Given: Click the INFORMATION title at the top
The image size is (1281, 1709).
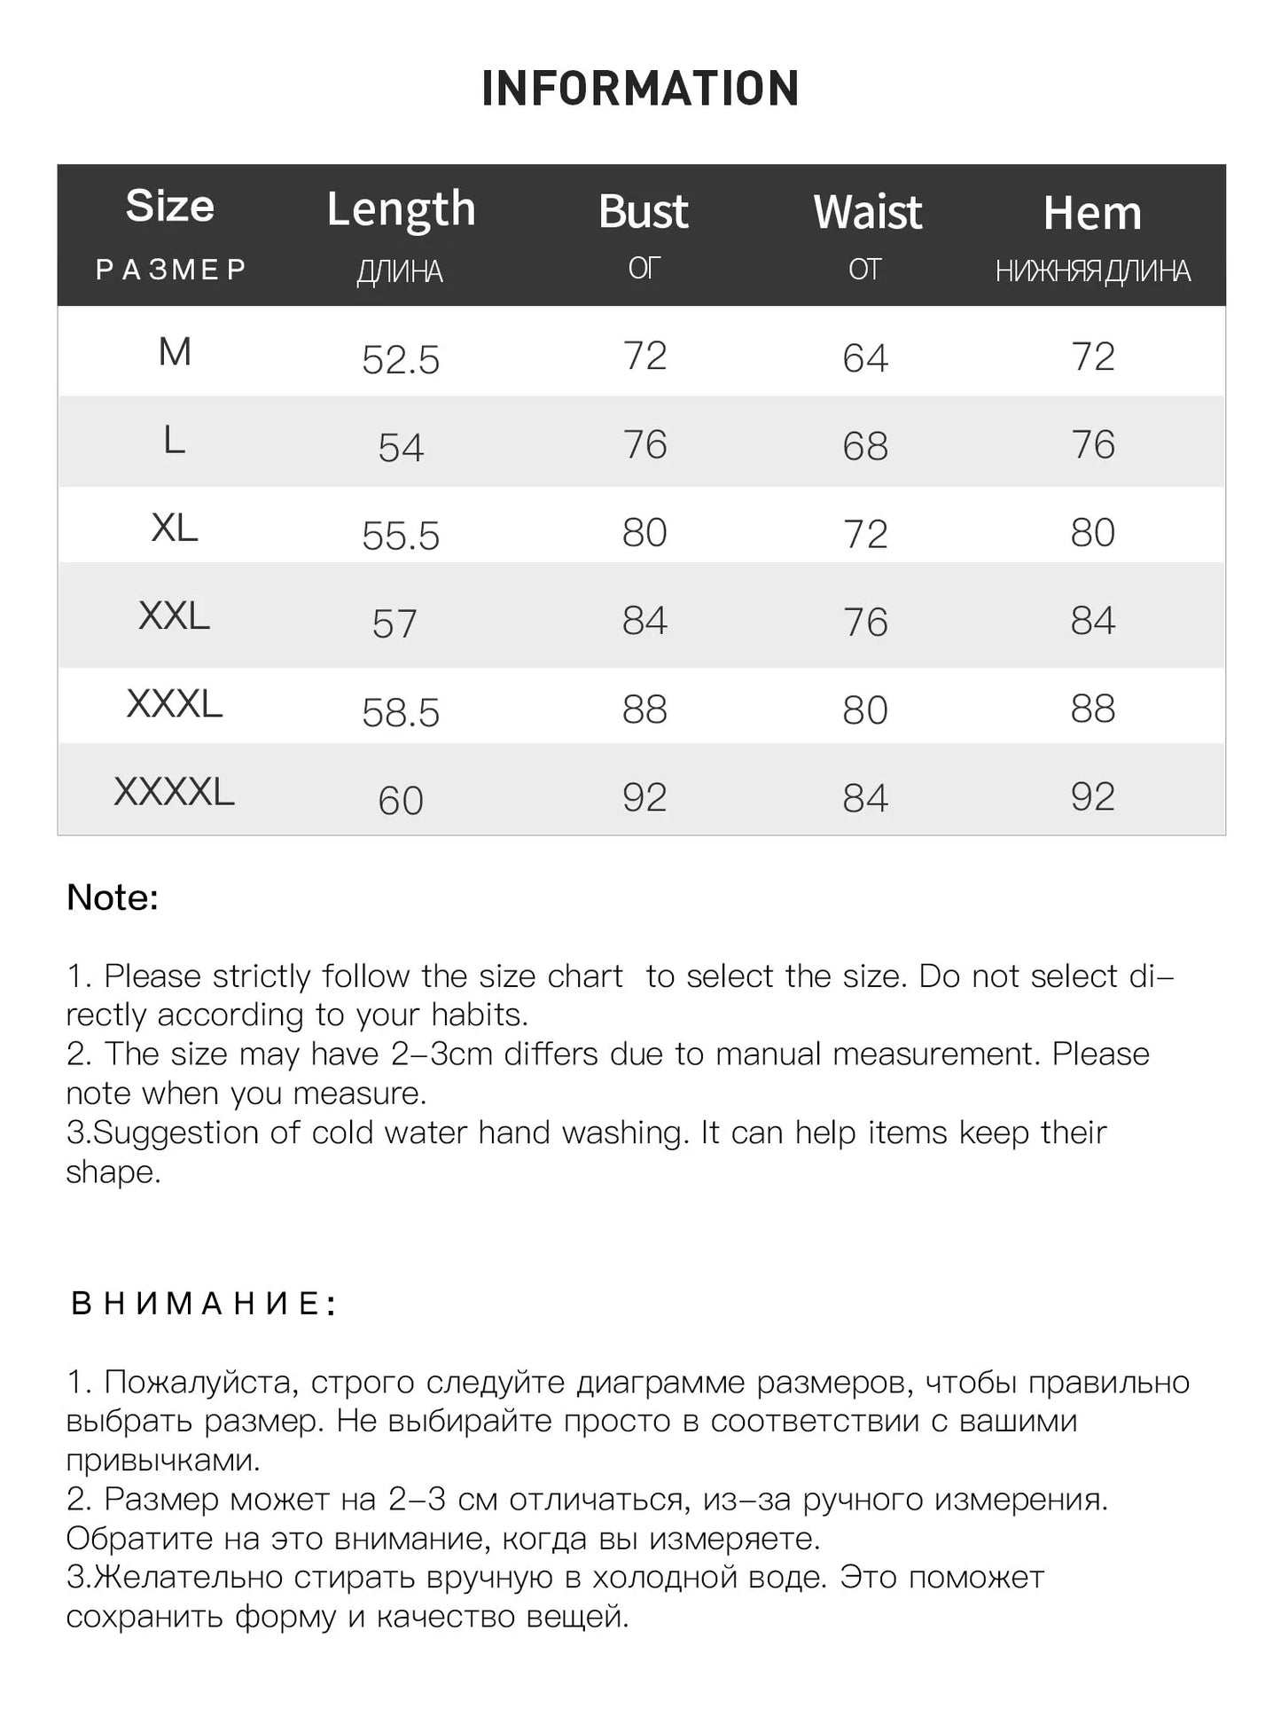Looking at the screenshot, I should pyautogui.click(x=640, y=89).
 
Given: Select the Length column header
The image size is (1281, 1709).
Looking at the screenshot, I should pyautogui.click(x=401, y=209).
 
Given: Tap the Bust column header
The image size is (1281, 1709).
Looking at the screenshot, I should pyautogui.click(x=644, y=212).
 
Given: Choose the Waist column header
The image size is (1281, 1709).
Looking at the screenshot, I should pyautogui.click(x=867, y=213).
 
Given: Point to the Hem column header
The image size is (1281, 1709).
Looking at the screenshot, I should pyautogui.click(x=1092, y=214).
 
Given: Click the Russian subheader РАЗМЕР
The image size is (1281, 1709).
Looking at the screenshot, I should pyautogui.click(x=171, y=270).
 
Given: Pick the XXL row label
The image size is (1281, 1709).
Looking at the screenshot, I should pyautogui.click(x=174, y=615).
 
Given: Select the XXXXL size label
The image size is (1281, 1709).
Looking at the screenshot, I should pyautogui.click(x=174, y=792).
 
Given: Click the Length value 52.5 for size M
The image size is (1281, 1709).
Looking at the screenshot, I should pyautogui.click(x=401, y=360).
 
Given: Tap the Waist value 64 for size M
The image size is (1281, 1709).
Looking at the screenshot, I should pyautogui.click(x=865, y=358).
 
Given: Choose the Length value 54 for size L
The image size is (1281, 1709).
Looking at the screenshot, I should pyautogui.click(x=401, y=447).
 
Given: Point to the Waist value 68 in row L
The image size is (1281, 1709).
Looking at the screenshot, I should pyautogui.click(x=865, y=446).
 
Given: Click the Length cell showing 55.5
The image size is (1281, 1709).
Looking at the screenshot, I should pyautogui.click(x=401, y=536).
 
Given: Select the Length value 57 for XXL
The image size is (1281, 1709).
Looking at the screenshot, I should pyautogui.click(x=394, y=623).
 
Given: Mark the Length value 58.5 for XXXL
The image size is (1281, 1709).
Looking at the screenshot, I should pyautogui.click(x=401, y=712).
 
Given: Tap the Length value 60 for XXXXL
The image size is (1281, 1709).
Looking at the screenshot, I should pyautogui.click(x=401, y=801).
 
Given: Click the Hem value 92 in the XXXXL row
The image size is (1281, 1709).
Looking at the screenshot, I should pyautogui.click(x=1092, y=797).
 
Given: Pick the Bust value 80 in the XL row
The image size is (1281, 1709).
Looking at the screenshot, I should pyautogui.click(x=644, y=533).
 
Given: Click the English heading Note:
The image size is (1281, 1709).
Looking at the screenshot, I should pyautogui.click(x=113, y=898).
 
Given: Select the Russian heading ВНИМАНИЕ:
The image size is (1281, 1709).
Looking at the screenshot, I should pyautogui.click(x=203, y=1304).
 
